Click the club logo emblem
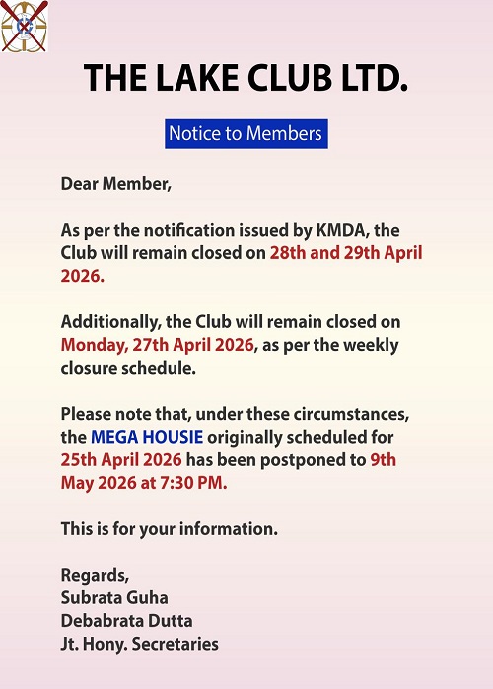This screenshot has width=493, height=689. (22, 27)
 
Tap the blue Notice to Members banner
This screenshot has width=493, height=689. (246, 133)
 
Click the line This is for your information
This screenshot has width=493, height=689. (170, 529)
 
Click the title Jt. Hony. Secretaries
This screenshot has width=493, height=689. (140, 644)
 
